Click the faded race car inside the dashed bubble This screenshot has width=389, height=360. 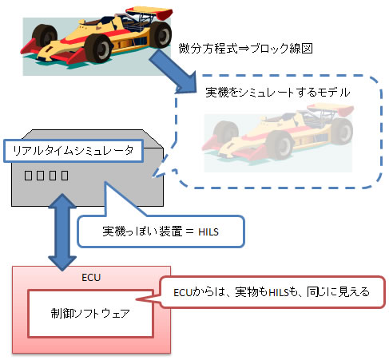tap(276, 139)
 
